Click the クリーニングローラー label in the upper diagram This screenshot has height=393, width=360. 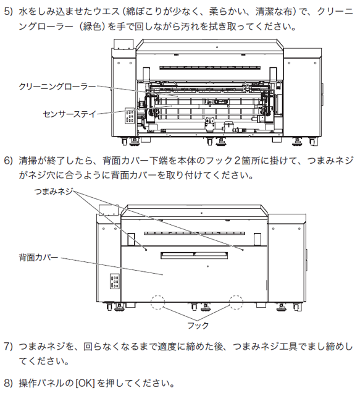[x=57, y=87]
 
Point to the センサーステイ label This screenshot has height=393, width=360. [x=70, y=114]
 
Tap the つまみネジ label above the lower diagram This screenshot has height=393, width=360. [x=53, y=192]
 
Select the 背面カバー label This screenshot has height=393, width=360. [x=38, y=258]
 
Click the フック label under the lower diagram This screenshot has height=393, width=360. [x=198, y=326]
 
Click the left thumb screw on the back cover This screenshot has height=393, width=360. [x=146, y=250]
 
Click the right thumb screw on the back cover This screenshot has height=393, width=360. [x=243, y=250]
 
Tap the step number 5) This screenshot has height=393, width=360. [x=8, y=12]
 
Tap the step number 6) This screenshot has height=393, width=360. [x=8, y=161]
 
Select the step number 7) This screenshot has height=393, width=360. [x=8, y=347]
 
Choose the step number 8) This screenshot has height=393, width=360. [x=8, y=383]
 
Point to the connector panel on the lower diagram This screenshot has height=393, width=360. [x=114, y=281]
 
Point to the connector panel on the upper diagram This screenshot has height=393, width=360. [x=130, y=116]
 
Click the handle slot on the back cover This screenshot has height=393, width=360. [x=194, y=255]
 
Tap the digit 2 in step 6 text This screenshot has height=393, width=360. [x=237, y=161]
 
